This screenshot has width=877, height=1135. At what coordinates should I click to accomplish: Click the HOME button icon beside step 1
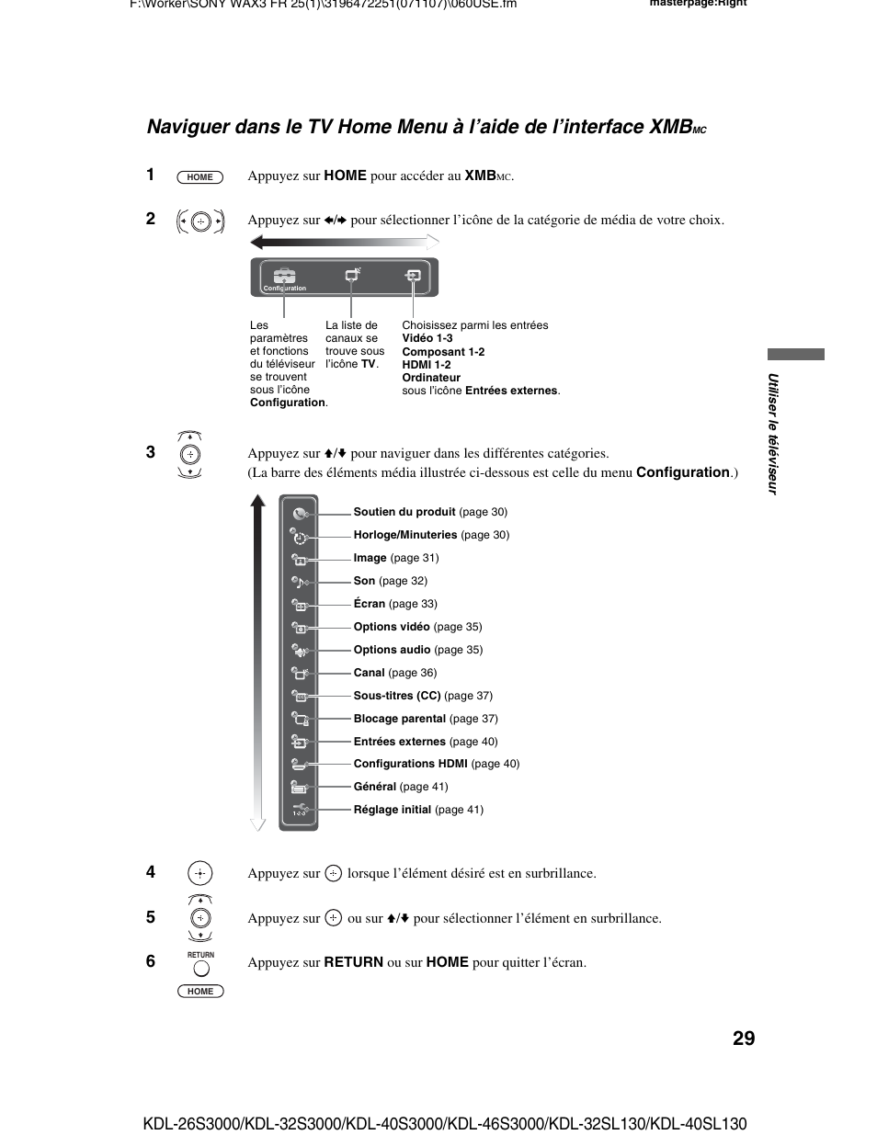199,177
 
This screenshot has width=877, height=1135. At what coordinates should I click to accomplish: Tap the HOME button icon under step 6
200,992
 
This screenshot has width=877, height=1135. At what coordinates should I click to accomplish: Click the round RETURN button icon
200,968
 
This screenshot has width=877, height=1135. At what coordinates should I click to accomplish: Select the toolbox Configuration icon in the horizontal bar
284,276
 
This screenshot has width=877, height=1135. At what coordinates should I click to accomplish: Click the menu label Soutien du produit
404,512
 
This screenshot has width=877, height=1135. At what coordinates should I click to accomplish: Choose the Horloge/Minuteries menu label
405,535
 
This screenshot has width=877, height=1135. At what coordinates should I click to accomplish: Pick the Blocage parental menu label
400,719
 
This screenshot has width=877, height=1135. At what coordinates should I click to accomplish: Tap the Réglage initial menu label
393,810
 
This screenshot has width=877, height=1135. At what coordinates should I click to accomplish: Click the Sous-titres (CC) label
397,696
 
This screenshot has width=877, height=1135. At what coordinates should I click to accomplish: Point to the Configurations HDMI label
411,764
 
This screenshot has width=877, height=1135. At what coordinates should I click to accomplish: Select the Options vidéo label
392,627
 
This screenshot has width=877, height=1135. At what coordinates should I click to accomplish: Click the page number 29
744,1039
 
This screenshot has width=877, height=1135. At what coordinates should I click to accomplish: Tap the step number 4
151,872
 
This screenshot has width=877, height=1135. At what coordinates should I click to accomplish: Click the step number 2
151,219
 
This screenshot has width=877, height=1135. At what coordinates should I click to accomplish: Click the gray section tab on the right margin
796,354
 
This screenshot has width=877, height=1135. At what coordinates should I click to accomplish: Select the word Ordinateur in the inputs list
431,378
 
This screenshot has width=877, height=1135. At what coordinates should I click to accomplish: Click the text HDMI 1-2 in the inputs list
427,365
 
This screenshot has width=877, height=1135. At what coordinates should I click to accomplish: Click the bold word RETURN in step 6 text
353,962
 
